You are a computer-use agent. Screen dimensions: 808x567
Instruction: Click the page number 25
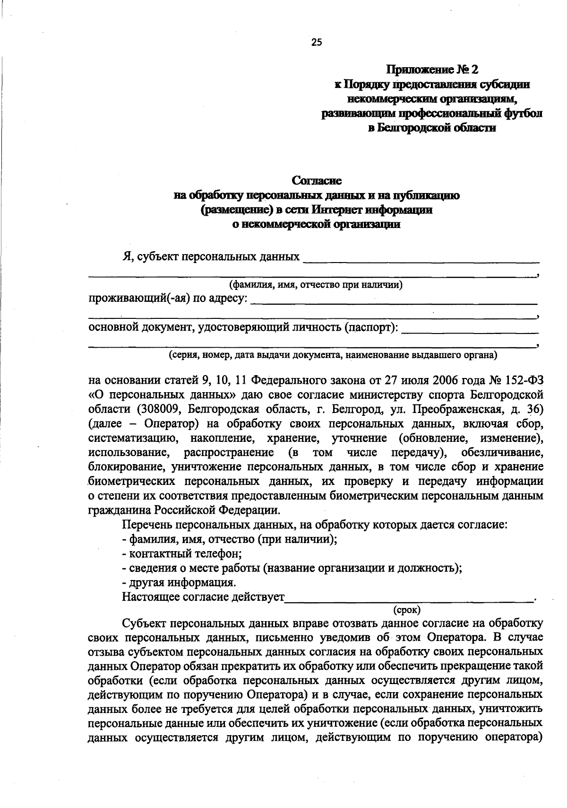[x=316, y=43]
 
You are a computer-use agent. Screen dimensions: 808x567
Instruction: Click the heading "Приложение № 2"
[x=432, y=70]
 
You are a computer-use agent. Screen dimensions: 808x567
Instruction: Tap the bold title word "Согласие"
[x=316, y=181]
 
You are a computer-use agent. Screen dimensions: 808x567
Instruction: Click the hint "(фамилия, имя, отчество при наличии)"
[x=316, y=285]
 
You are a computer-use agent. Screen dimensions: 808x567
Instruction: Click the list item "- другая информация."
[x=179, y=582]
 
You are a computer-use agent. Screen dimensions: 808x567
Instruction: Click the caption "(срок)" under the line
[x=407, y=610]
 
